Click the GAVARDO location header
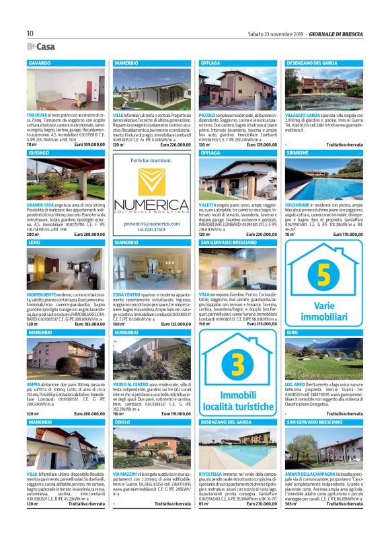tap(40, 62)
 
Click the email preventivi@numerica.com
tap(151, 222)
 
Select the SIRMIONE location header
tap(298, 153)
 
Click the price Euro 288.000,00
tap(91, 234)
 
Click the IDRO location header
tap(292, 333)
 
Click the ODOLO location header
tap(122, 422)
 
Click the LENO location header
tap(35, 241)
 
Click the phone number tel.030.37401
tap(151, 229)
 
